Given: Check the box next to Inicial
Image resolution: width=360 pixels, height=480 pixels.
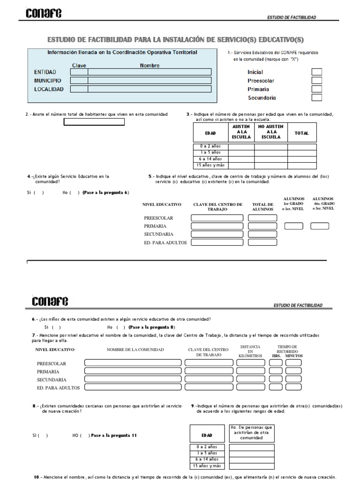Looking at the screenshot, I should (x=317, y=72).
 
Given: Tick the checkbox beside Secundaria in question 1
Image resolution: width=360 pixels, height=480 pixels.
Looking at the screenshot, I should (x=317, y=97).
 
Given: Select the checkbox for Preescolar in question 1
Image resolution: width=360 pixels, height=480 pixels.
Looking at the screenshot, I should (x=317, y=81).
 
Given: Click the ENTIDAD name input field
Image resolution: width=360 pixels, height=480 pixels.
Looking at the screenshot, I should (x=149, y=72).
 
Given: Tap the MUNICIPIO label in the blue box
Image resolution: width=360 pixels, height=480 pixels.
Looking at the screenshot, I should (x=47, y=81).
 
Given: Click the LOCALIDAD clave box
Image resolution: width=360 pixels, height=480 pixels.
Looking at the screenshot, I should (x=79, y=89).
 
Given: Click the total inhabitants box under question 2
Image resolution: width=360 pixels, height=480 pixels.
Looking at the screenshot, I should (x=94, y=122).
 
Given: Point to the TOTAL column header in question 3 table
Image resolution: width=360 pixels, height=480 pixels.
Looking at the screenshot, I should (x=301, y=133).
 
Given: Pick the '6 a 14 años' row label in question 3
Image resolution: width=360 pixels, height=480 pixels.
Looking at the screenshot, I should (x=210, y=159).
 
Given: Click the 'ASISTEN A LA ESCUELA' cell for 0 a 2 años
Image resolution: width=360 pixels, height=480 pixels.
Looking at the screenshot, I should (x=241, y=146).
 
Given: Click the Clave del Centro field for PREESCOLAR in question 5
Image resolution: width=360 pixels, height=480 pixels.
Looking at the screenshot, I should (x=217, y=218).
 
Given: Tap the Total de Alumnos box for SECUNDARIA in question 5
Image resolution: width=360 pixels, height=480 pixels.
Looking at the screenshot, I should (x=262, y=234).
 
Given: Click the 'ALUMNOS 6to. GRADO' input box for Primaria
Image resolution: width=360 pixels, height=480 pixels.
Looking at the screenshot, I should (x=320, y=226).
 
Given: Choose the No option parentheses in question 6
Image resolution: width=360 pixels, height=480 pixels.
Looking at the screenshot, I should (x=120, y=327).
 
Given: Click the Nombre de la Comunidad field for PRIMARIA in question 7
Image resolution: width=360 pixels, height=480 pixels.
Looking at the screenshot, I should (x=133, y=371).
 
